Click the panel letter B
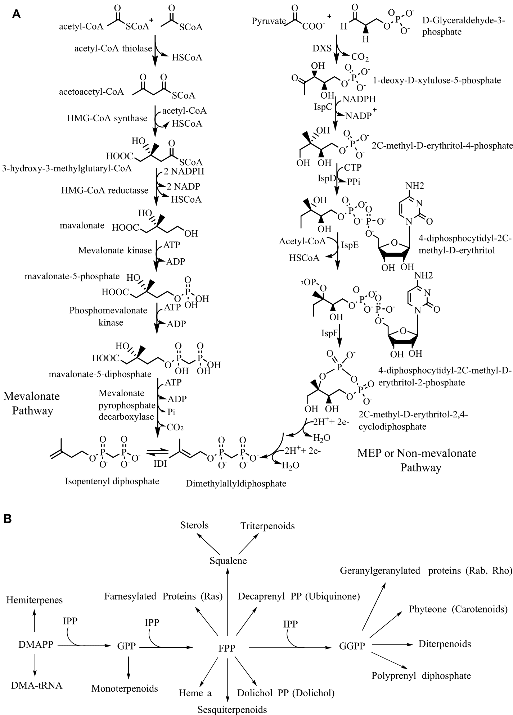coord(8,519)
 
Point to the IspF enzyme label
coord(329,333)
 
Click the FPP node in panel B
coord(227,648)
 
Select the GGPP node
coord(352,646)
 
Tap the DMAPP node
coord(36,645)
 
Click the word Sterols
coord(194,525)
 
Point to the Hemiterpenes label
coord(35,600)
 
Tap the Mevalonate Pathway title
coord(32,403)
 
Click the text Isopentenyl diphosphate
coord(112,481)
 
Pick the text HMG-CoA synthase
coord(107,118)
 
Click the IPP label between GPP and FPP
coord(152,623)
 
